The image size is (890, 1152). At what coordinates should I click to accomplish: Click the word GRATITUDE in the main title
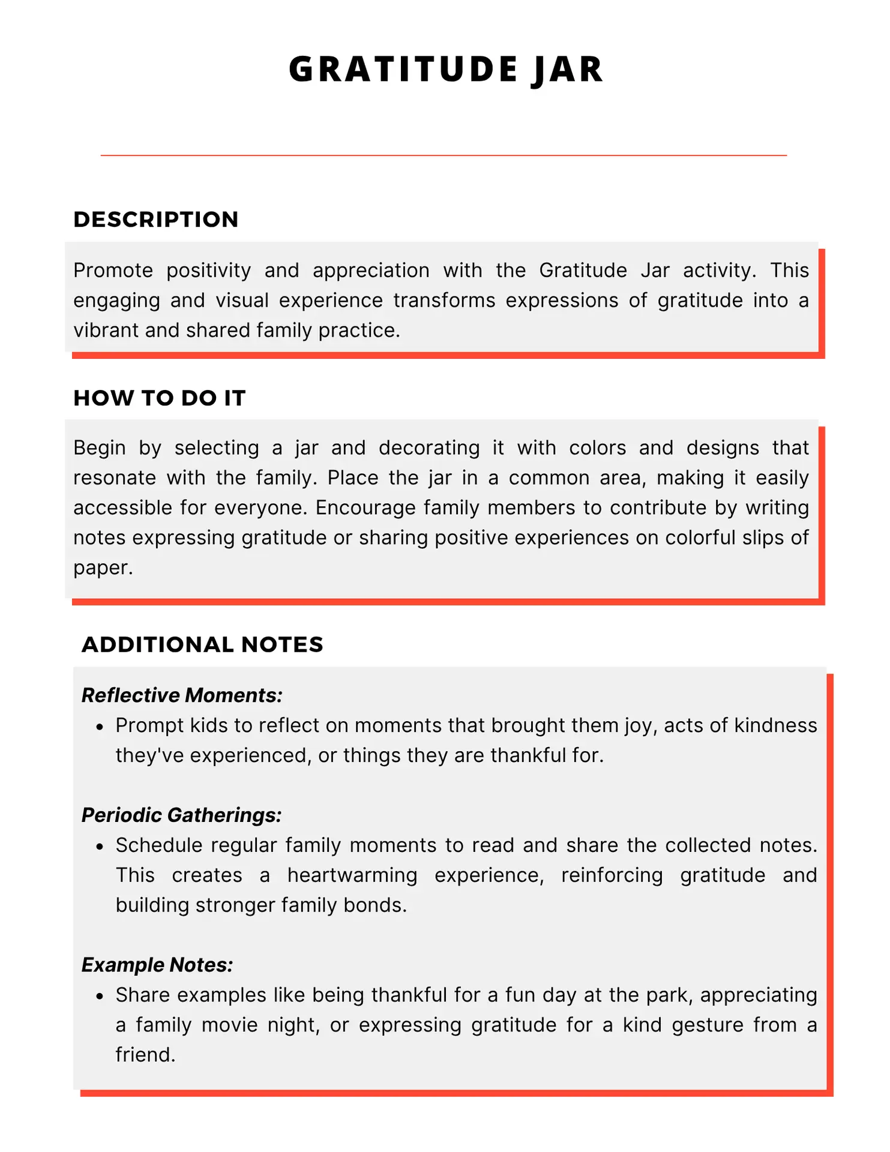403,69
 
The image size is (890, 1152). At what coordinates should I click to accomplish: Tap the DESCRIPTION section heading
156,220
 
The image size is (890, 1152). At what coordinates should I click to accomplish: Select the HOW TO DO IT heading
160,398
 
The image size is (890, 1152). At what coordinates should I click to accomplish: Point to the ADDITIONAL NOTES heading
202,644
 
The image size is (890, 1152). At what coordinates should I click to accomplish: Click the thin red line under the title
443,155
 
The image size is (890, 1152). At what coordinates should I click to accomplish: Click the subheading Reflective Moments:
182,695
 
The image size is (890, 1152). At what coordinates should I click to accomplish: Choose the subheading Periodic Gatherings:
181,815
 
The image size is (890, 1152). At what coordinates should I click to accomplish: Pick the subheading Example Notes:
157,965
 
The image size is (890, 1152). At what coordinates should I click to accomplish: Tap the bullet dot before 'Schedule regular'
100,847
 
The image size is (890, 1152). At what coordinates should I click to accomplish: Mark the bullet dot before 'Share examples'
100,997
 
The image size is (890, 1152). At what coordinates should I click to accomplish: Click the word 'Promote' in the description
113,271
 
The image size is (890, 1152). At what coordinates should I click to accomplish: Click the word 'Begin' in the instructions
100,448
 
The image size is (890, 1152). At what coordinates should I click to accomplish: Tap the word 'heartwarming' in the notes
352,875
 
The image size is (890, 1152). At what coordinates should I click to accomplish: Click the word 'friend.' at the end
146,1055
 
